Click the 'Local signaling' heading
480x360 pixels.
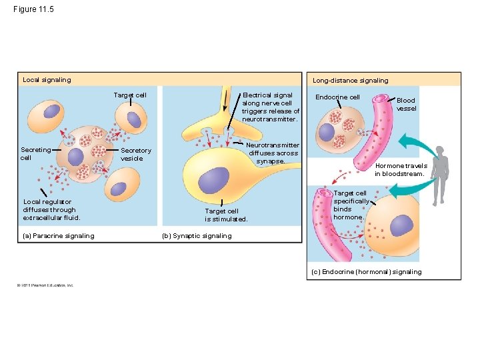47,80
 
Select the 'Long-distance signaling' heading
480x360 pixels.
350,81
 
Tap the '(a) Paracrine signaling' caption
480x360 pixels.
59,235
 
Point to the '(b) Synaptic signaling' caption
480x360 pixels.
197,235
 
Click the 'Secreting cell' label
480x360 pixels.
35,154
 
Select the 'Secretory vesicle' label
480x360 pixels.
136,155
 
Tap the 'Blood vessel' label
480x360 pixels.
406,104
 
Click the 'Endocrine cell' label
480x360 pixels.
337,97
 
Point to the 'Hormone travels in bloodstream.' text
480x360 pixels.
400,170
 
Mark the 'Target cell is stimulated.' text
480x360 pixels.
225,215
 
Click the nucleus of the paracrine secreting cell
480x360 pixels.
75,157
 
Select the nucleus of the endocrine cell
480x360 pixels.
326,133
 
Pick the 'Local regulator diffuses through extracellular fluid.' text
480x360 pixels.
51,209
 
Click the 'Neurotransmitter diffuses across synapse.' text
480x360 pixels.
273,153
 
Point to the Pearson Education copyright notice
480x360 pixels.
46,285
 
